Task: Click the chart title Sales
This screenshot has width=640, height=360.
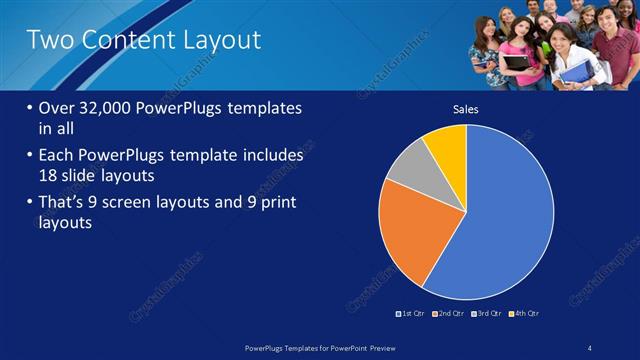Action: [466, 109]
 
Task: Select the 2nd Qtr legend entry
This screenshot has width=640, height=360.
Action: [449, 313]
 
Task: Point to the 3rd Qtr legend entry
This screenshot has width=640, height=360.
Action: [487, 313]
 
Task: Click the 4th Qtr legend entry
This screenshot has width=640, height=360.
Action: [524, 313]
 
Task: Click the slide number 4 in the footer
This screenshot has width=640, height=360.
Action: [590, 347]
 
